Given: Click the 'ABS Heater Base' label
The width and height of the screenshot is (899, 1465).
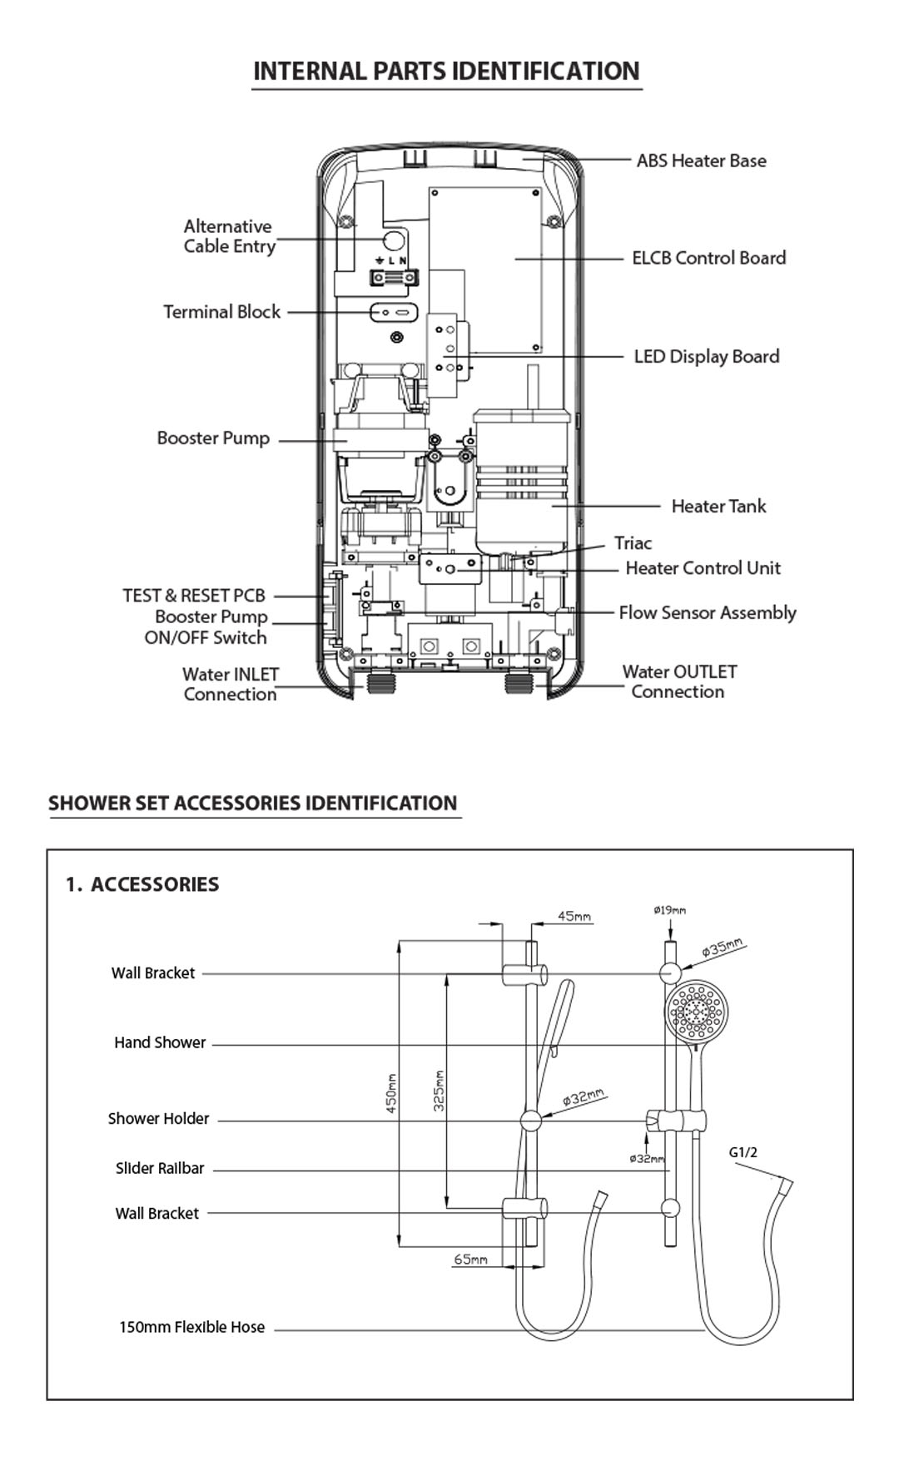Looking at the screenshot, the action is pos(701,161).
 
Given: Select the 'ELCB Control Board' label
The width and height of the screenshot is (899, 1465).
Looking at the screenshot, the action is pos(708,258).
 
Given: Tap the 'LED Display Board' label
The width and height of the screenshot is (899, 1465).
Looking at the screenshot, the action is pos(707,357).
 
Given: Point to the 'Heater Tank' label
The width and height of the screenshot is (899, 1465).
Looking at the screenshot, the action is pos(718,506).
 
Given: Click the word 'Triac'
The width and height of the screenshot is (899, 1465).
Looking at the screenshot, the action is pos(633,543).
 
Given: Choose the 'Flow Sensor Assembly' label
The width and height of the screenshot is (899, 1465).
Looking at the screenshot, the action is pos(708,613).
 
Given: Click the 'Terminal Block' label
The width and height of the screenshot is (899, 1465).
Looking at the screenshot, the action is pos(221,312).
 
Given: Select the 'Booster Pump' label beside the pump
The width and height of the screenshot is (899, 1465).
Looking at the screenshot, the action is pos(213,438).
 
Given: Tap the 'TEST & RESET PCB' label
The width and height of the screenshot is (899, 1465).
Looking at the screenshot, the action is pos(194,596).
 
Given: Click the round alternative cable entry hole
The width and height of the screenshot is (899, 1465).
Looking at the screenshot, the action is pos(394,240).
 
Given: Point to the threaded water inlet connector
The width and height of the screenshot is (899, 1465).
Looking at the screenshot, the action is pos(382,687).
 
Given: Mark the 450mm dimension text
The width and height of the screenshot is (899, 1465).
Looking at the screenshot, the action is pos(391,1093).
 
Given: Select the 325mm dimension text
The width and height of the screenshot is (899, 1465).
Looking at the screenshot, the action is pos(439,1090).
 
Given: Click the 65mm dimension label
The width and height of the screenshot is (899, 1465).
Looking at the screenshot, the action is pos(470,1260).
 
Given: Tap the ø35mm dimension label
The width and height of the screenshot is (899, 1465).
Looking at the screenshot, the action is pos(722,947).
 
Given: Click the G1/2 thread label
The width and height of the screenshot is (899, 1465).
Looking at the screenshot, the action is pos(743,1152).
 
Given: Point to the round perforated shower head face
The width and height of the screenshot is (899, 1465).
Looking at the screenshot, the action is pos(697,1011).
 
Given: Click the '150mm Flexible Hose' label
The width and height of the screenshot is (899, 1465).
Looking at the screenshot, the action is pos(191,1327).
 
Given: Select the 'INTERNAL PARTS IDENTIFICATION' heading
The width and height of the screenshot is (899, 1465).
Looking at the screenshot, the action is pos(446,71).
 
